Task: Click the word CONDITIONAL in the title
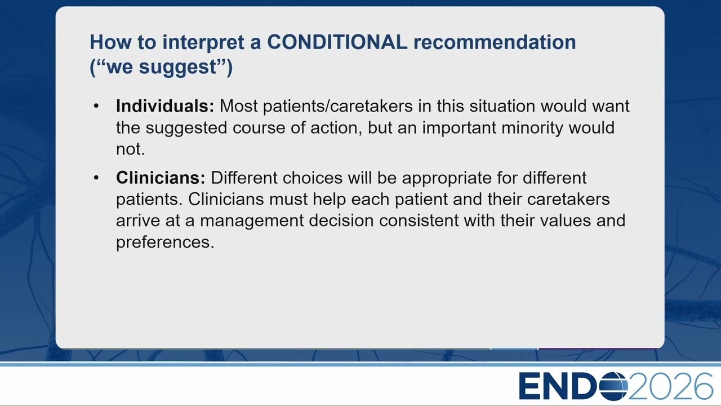[337, 42]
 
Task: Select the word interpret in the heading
[203, 43]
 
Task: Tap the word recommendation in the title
[495, 42]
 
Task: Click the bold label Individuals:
[165, 105]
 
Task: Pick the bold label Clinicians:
[161, 178]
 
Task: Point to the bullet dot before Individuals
[96, 105]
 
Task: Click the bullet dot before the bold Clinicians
[96, 178]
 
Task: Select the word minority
[532, 128]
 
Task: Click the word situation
[502, 106]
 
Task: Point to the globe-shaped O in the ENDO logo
[614, 386]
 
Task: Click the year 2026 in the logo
[670, 386]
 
